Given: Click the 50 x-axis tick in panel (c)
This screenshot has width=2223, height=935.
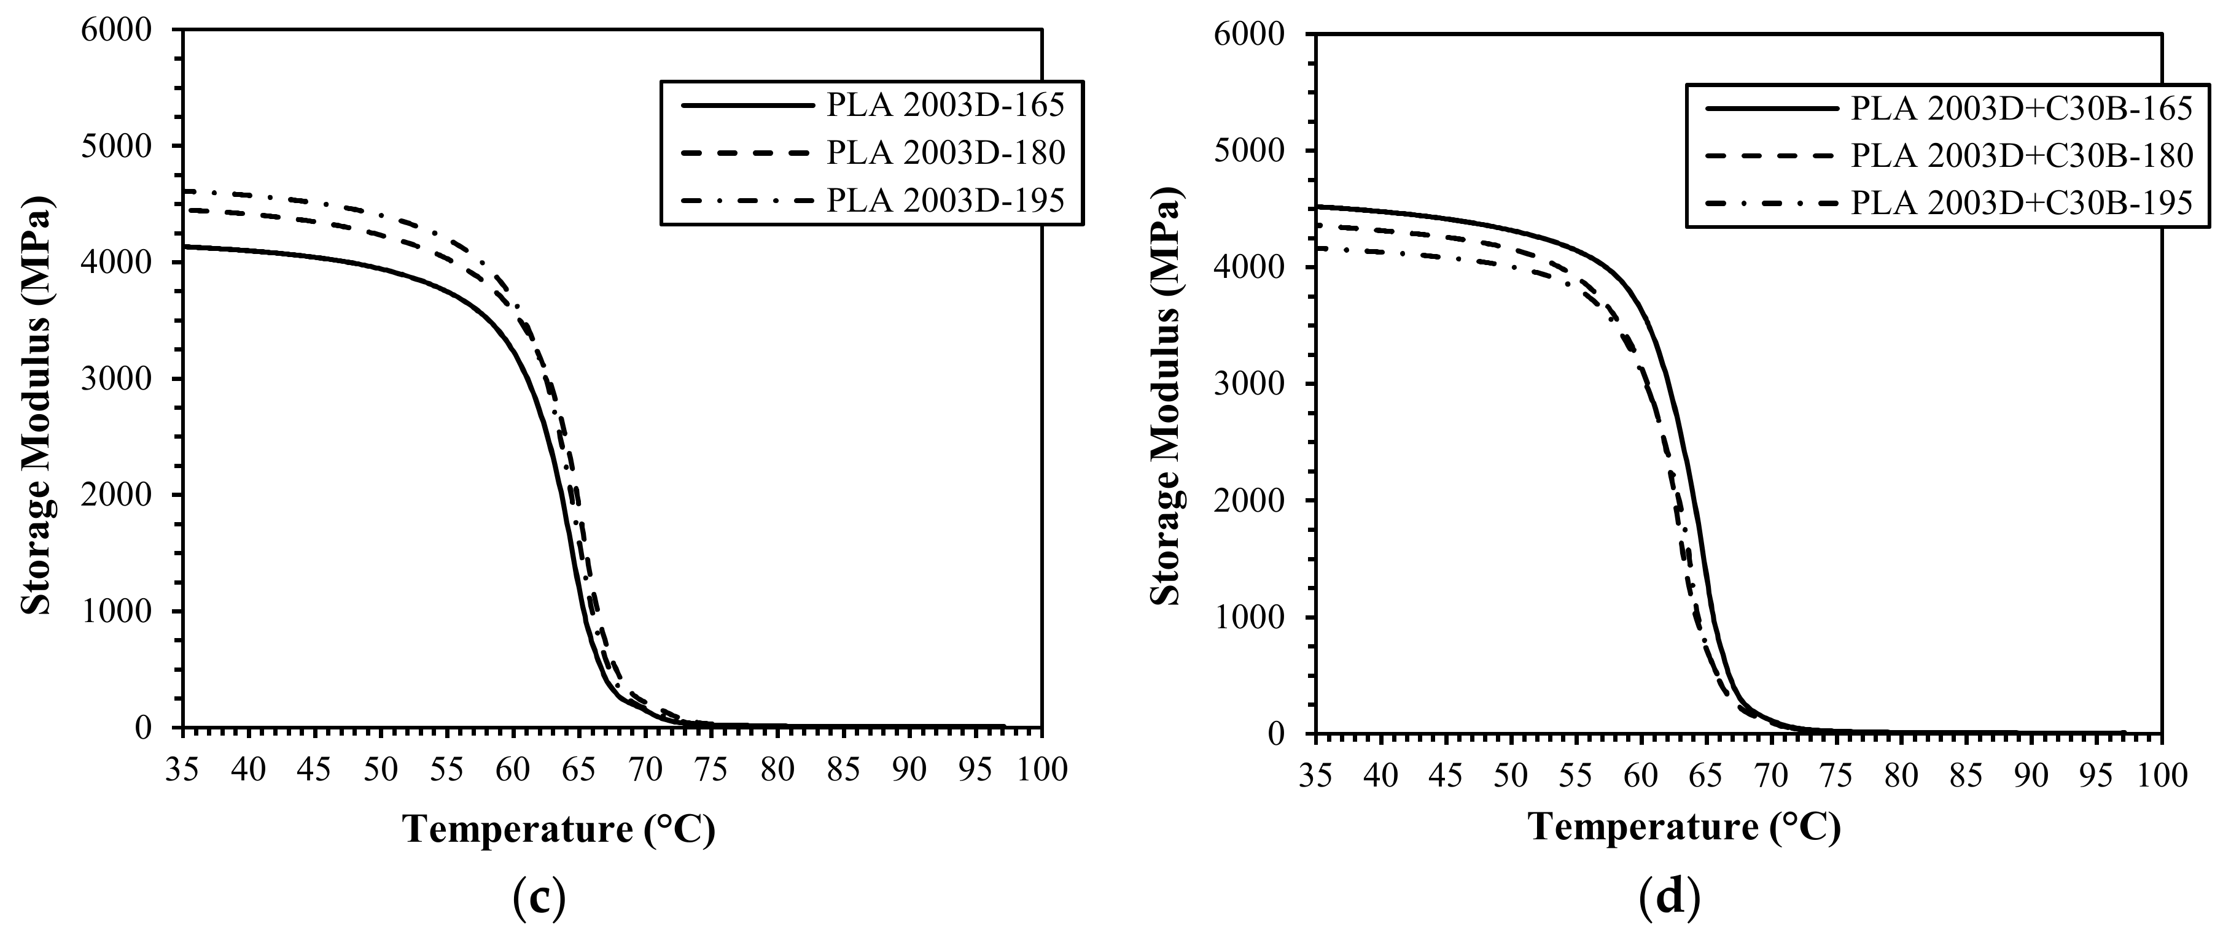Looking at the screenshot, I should [381, 769].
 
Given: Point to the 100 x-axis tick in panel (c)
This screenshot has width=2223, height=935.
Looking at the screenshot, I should [1041, 769].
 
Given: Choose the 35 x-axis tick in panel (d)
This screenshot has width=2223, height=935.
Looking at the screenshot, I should [1314, 775].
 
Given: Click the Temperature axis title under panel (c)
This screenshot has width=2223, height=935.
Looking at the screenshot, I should [559, 829].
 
